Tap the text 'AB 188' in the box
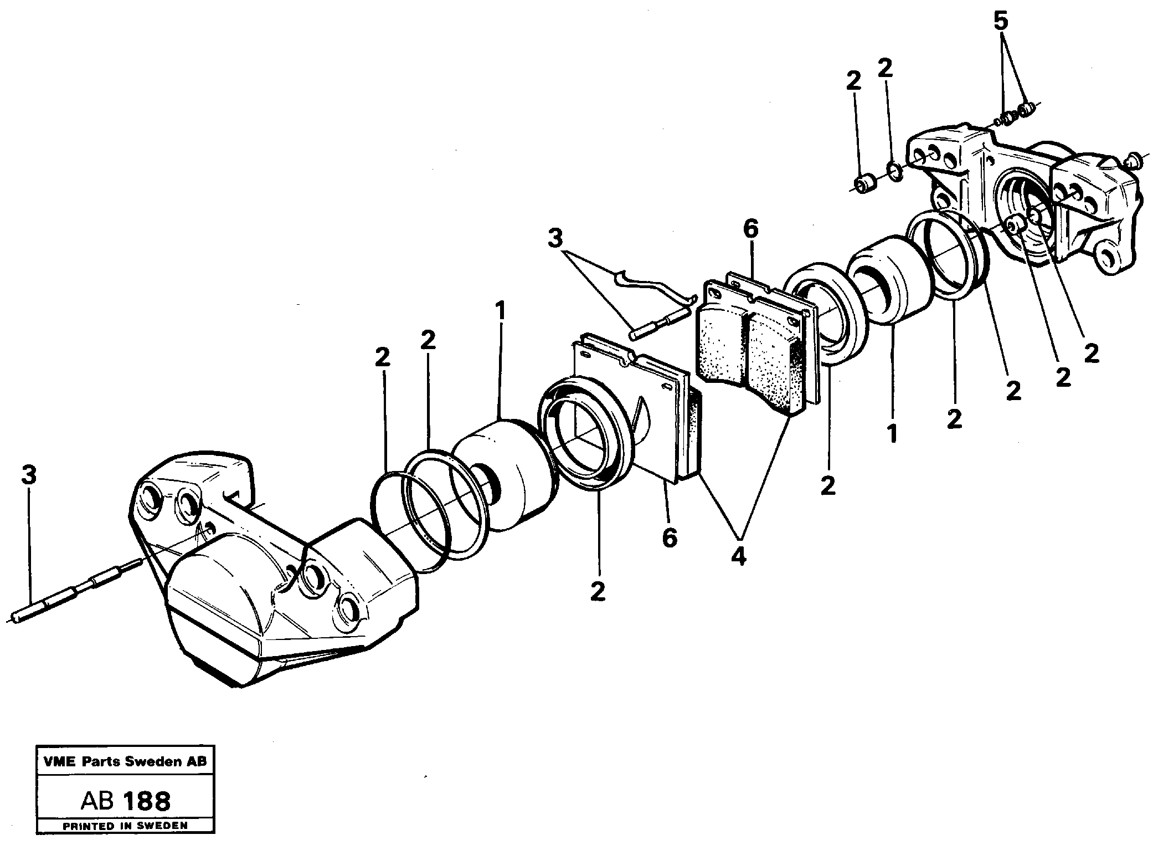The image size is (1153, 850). coord(126,802)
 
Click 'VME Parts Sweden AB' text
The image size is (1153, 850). coord(125,761)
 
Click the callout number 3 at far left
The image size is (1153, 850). coord(29,475)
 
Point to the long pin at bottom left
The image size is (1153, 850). coord(78,590)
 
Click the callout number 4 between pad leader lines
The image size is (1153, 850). coord(738,556)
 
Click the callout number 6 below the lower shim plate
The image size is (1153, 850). coord(670,537)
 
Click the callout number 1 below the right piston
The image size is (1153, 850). coord(892,433)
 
